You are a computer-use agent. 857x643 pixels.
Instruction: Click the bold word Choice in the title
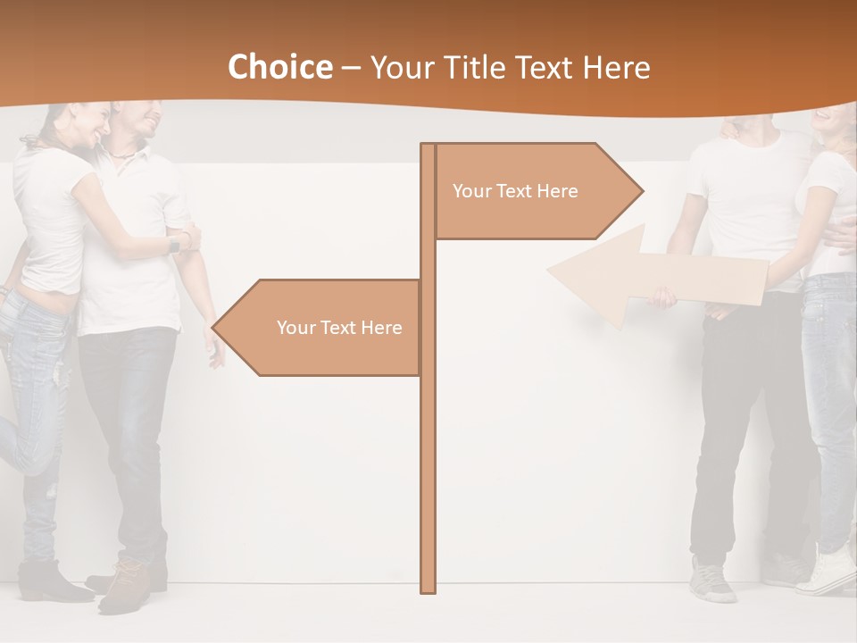coord(279,68)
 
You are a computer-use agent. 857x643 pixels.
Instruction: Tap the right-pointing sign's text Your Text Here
coord(515,191)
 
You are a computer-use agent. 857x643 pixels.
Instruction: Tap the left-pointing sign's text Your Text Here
coord(339,328)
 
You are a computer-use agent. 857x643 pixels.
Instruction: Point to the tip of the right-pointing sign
coord(641,190)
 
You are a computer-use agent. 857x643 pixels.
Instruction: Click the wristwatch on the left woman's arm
coord(174,243)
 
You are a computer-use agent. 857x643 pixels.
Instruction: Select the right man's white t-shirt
coord(750,196)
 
